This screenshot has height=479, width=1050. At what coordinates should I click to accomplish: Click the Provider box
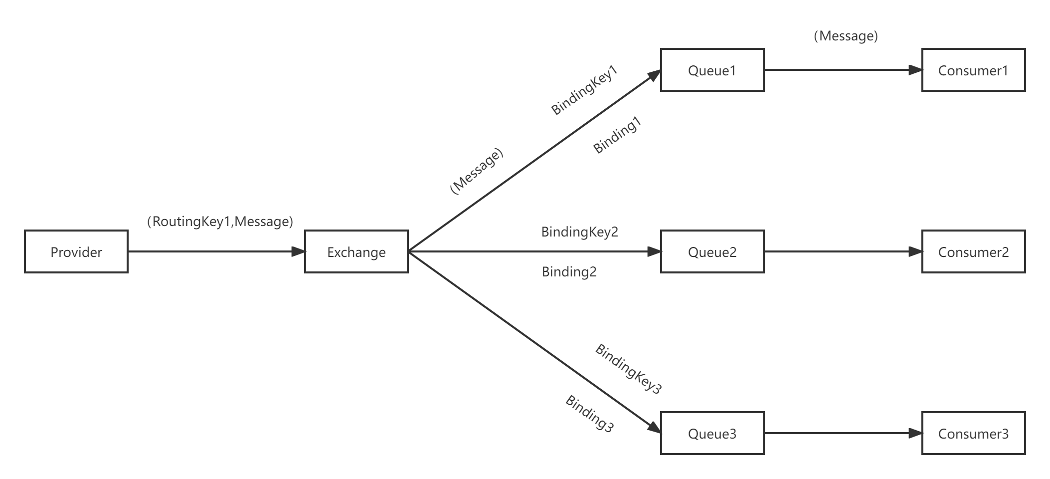click(x=76, y=251)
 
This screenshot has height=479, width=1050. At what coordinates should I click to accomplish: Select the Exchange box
click(x=356, y=251)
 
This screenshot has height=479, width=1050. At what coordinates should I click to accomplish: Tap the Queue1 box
click(x=712, y=70)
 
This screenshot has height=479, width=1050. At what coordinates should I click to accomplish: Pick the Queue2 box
click(x=712, y=251)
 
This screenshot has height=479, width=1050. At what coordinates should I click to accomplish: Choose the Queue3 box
click(x=712, y=433)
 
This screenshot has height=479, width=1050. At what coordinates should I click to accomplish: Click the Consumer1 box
click(x=973, y=70)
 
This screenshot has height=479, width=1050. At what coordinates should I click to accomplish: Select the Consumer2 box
click(x=973, y=251)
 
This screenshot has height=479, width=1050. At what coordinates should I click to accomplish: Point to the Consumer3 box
click(x=973, y=433)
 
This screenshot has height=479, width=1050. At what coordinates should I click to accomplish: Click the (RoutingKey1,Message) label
click(x=220, y=221)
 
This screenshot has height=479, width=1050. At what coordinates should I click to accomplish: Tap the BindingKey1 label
click(x=584, y=90)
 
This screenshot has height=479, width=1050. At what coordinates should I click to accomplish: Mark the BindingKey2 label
click(x=579, y=232)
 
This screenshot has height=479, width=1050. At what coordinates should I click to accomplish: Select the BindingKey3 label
click(x=628, y=368)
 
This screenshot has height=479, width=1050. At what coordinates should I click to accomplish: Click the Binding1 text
click(x=616, y=135)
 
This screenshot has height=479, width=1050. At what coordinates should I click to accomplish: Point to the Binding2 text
click(x=569, y=271)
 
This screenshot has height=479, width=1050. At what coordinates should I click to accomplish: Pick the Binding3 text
click(x=589, y=413)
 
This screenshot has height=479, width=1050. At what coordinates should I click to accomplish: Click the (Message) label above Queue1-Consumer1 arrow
click(x=846, y=36)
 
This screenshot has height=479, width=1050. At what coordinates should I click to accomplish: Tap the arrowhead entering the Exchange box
click(x=298, y=251)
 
